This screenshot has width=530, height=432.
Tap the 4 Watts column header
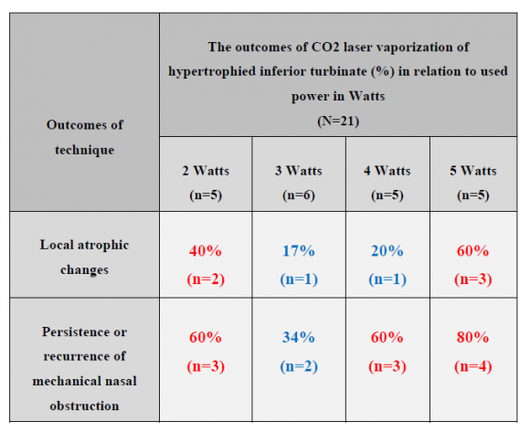point(387,171)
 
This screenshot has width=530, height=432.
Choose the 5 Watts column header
point(473,171)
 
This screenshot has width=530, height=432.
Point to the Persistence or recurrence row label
point(84,355)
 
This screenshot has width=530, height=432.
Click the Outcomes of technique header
point(84,137)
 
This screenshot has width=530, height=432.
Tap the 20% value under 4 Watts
point(387,251)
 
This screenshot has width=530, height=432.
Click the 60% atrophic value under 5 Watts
point(473,251)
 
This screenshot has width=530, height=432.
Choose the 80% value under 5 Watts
point(473,337)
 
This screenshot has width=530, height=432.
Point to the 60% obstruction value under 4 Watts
point(387,337)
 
